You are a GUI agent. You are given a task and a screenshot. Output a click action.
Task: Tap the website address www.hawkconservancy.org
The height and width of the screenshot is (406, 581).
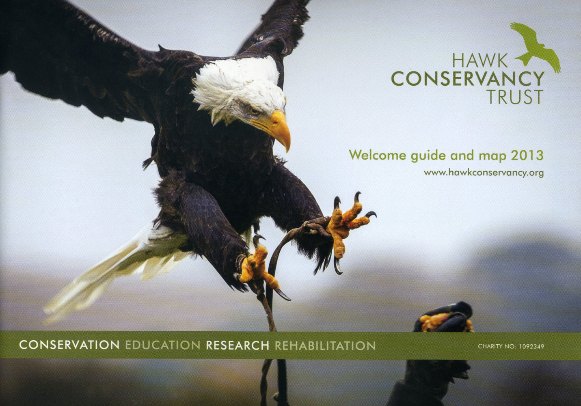tap(484, 173)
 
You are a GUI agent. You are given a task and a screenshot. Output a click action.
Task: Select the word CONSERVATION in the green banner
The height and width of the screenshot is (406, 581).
tap(69, 345)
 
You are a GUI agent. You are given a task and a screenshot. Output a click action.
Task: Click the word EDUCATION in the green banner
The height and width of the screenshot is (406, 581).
tap(163, 345)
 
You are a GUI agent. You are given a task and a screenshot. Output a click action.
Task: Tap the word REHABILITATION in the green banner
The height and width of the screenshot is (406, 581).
tap(325, 345)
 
